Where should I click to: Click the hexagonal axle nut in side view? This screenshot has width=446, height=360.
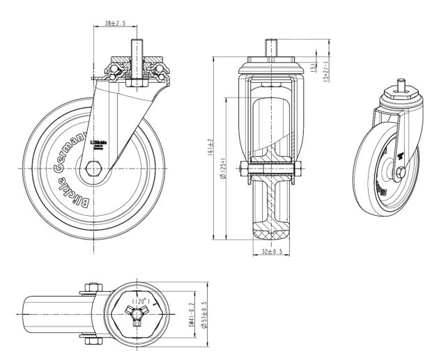[95, 169]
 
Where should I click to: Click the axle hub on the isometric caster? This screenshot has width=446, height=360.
[401, 171]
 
